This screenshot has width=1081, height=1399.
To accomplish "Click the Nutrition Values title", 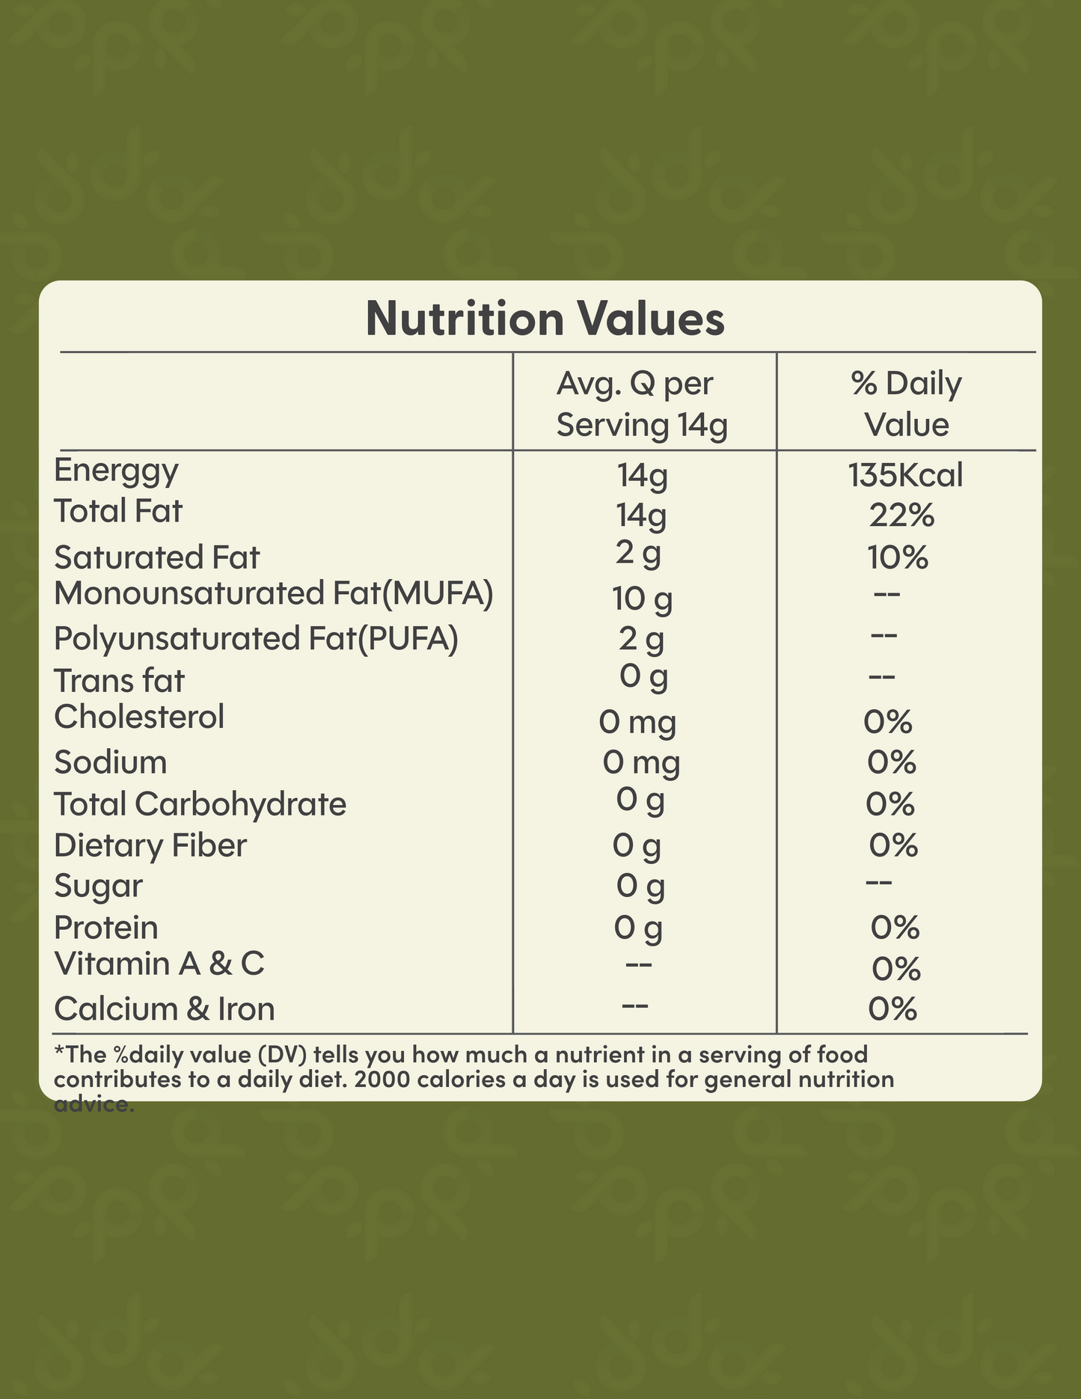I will click(545, 319).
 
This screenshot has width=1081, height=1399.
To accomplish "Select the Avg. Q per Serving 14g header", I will click(641, 404).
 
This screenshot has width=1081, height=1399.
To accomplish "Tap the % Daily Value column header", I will click(906, 404).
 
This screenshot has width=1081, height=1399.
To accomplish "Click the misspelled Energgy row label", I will click(117, 471).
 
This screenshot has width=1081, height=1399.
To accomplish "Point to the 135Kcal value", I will click(905, 476).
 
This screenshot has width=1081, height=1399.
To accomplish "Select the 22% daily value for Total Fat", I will click(901, 515).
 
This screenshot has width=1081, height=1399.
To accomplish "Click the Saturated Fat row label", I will click(157, 558).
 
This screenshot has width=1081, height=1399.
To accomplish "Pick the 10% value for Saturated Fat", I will click(898, 558).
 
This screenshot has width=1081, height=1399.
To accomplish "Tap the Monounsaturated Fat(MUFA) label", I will click(274, 594).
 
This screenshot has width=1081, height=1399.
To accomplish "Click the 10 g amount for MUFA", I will click(642, 599).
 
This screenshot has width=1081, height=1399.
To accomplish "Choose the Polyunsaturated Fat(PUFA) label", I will click(256, 639).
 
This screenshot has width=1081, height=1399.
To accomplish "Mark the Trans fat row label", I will click(119, 681).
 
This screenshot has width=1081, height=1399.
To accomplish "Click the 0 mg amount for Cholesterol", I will click(637, 723).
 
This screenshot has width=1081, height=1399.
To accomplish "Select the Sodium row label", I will click(111, 763).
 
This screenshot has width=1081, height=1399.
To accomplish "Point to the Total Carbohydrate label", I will click(200, 804).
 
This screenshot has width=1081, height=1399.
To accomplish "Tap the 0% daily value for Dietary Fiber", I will click(893, 845).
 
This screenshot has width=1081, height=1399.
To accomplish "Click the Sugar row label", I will click(98, 887).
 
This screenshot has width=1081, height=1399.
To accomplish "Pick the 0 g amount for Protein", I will click(638, 928).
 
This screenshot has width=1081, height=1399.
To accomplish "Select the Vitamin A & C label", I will click(159, 964).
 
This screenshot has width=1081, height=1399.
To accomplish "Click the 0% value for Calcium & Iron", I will click(892, 1010).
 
